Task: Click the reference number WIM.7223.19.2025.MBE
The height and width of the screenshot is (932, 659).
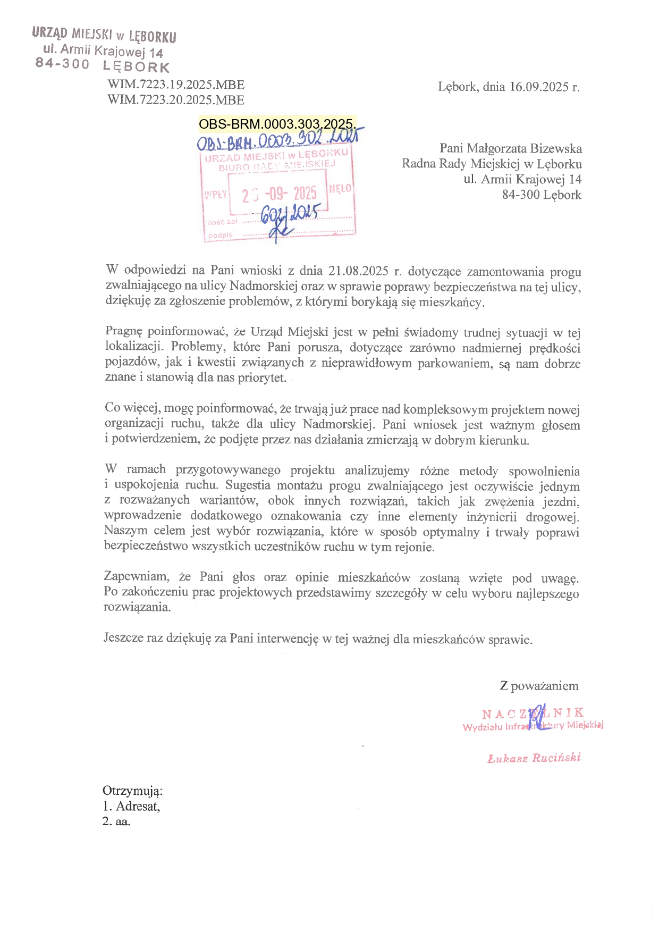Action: point(176,85)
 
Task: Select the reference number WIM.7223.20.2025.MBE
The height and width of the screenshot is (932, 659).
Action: point(176,100)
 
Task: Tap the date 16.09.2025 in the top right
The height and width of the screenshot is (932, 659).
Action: point(539,87)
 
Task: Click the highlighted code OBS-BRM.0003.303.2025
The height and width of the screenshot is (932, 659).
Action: point(276,124)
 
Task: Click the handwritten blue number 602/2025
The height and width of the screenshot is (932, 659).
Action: point(290,215)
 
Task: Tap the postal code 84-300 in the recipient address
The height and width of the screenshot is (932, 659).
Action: point(521,195)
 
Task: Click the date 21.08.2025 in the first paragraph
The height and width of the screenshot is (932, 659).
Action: point(358,271)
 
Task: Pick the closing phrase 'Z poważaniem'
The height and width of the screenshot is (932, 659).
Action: point(539,686)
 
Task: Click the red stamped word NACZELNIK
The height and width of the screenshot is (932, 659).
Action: point(533,713)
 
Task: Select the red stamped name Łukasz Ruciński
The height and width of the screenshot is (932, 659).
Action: point(534,758)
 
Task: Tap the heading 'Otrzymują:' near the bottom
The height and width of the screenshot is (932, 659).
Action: point(132,791)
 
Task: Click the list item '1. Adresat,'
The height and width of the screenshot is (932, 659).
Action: point(131,806)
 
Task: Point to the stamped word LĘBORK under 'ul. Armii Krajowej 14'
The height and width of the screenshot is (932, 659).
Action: point(136,67)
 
